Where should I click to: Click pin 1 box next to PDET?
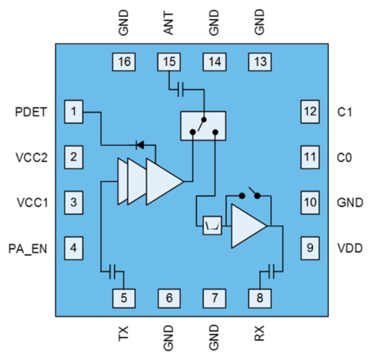tap(74, 112)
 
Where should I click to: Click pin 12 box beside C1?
tap(310, 112)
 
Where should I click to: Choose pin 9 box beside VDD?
tap(310, 247)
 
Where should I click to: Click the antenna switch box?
tap(203, 126)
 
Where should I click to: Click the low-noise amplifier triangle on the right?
tap(247, 227)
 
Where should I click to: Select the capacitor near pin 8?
tap(271, 272)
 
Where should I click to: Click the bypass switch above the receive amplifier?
tap(249, 194)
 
